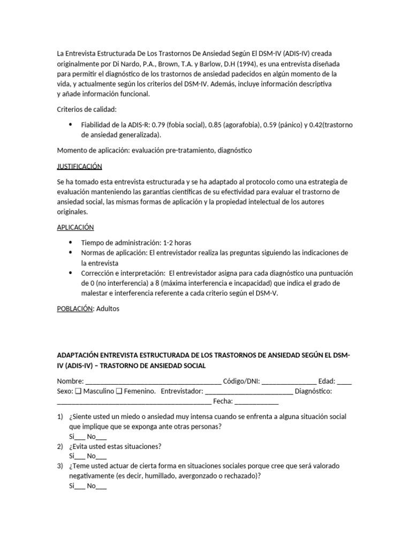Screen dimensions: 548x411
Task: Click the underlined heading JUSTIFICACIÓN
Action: click(79, 166)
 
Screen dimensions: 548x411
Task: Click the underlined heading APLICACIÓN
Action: click(75, 227)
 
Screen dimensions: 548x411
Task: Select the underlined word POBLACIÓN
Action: click(75, 308)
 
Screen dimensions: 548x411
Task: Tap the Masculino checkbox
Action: click(79, 391)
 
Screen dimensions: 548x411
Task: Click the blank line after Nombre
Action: click(153, 382)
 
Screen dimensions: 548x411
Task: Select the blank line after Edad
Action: click(345, 382)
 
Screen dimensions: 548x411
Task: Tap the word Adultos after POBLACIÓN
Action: click(108, 308)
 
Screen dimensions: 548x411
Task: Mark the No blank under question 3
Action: click(101, 486)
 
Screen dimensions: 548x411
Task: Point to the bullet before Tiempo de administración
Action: click(71, 242)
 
